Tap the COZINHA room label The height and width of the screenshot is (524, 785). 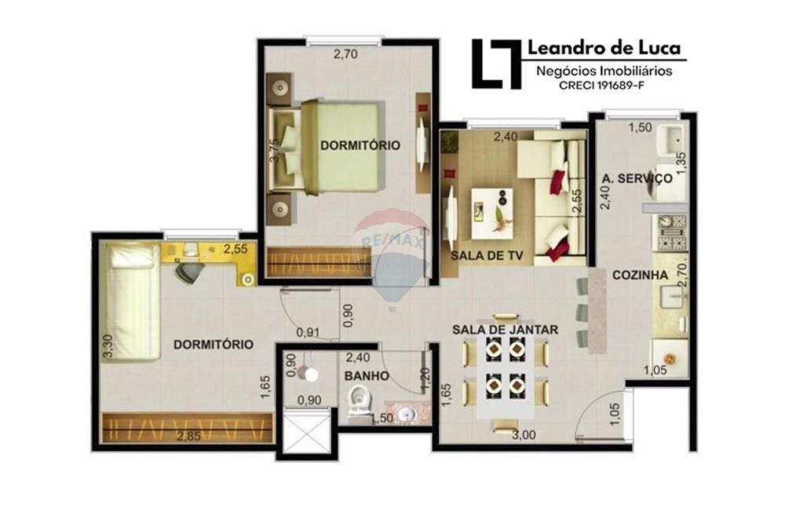[640, 275]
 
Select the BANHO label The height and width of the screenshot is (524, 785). [367, 376]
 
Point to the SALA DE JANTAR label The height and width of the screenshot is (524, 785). [505, 330]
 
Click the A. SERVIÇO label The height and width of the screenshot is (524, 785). [637, 178]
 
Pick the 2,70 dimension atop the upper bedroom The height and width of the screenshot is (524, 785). [346, 55]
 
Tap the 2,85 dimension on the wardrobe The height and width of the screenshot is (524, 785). [188, 436]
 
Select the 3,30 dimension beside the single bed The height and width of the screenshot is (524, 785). [108, 346]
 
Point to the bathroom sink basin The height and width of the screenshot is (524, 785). [407, 412]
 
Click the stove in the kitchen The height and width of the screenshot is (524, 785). [672, 233]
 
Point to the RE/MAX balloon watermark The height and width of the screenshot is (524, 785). [390, 251]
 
